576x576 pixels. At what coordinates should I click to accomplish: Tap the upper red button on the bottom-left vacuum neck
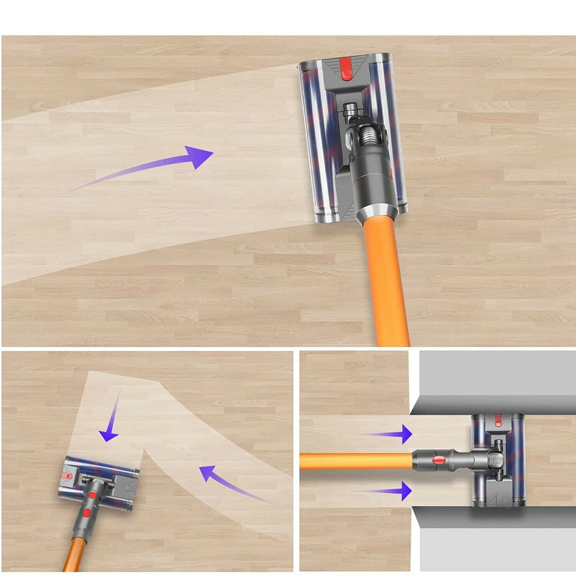(92, 495)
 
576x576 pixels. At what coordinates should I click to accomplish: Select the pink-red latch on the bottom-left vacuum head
(65, 476)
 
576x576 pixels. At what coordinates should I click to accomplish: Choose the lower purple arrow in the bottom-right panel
(387, 491)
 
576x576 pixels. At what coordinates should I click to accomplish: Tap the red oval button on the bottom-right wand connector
(439, 460)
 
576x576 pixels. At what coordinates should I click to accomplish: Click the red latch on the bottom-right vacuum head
(497, 420)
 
